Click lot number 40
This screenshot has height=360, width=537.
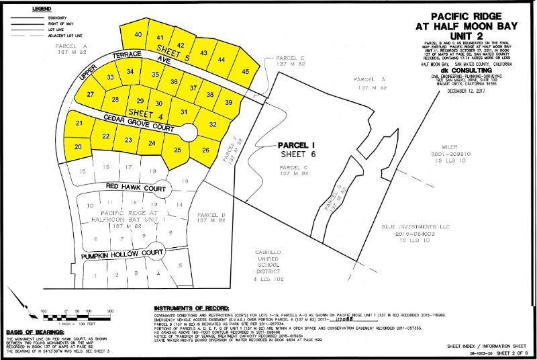click(x=138, y=34)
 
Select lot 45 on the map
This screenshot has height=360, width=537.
click(x=245, y=71)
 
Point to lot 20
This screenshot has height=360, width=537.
click(x=79, y=146)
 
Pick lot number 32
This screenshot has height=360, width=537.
click(x=213, y=124)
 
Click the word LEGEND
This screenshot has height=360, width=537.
click(x=21, y=5)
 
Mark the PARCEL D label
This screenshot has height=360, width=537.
click(x=210, y=216)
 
